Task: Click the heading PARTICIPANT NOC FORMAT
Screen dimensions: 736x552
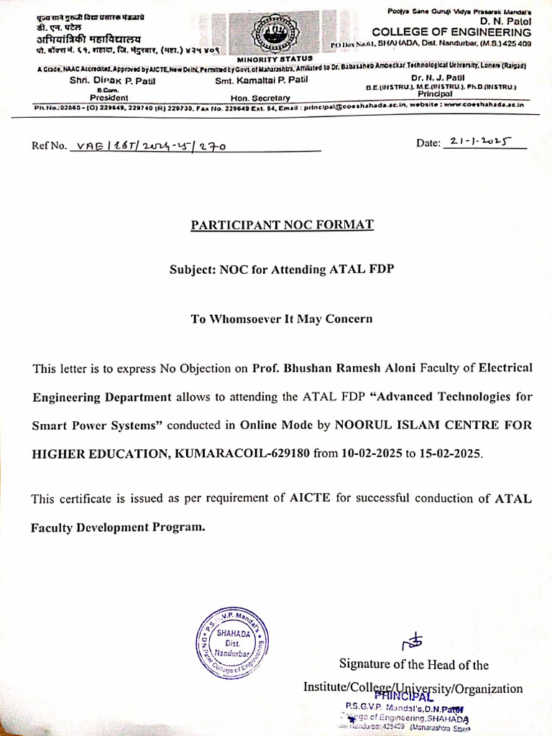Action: (x=282, y=225)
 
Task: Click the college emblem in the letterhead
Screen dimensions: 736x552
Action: (x=272, y=31)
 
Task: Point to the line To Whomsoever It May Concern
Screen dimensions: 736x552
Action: (x=282, y=319)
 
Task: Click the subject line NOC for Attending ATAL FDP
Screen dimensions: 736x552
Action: (x=282, y=270)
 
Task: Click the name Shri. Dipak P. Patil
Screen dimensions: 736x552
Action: (x=111, y=80)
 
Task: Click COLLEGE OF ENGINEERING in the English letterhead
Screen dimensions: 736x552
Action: (x=451, y=32)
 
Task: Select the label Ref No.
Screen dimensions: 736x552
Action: (x=47, y=146)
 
